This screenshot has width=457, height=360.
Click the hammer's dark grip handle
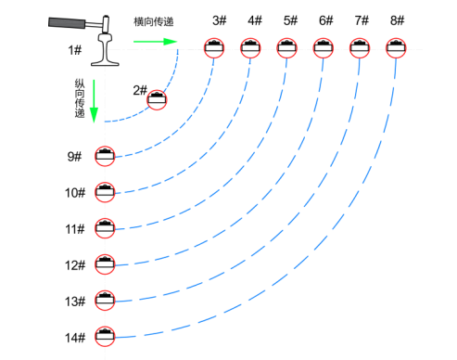67,23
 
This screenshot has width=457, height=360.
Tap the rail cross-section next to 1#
105,49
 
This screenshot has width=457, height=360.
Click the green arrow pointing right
155,42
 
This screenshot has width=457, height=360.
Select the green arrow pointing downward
94,101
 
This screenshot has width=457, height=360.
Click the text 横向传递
154,21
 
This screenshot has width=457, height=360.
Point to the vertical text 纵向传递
80,98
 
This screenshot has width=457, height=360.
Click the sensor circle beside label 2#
157,100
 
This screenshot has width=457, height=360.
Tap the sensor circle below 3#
214,48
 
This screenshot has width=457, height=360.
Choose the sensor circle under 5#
286,48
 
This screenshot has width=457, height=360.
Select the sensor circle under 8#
396,48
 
